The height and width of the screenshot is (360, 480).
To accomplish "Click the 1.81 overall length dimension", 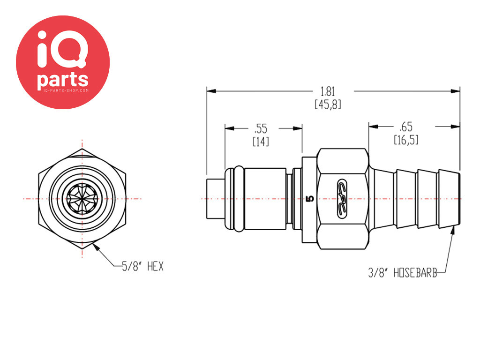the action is (328, 91).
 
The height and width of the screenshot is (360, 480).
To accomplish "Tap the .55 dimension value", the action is (261, 128).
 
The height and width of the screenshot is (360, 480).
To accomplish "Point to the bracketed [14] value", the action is (261, 142).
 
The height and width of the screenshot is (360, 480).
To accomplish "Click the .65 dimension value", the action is (406, 127).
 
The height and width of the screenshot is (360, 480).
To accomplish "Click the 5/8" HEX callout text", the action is (142, 266).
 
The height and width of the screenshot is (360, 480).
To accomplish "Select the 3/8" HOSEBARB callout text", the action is (403, 272).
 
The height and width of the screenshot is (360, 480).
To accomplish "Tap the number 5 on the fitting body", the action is (310, 199).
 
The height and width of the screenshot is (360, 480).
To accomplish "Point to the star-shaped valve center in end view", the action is (82, 199).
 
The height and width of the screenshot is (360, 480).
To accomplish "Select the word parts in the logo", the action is (62, 80).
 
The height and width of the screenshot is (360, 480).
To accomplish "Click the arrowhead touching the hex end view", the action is (96, 246).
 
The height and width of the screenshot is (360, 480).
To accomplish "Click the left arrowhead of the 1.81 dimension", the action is (211, 91).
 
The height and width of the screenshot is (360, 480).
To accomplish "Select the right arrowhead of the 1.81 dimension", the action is (455, 91).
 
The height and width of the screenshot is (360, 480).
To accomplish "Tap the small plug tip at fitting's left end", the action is (216, 199).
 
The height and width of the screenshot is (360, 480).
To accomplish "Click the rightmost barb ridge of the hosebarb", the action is (449, 199).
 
